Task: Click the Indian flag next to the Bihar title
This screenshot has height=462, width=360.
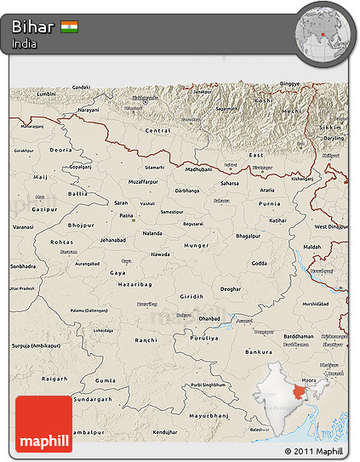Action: point(70,27)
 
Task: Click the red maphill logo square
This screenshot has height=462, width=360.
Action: point(43,424)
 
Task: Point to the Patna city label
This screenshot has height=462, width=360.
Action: point(127,216)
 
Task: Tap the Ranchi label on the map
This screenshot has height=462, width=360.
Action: point(146,339)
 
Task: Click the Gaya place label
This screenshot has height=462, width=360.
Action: point(117,272)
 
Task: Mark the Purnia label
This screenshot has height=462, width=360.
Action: point(269,203)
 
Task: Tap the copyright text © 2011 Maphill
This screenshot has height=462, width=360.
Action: point(313,451)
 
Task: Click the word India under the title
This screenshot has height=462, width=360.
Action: point(25,44)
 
